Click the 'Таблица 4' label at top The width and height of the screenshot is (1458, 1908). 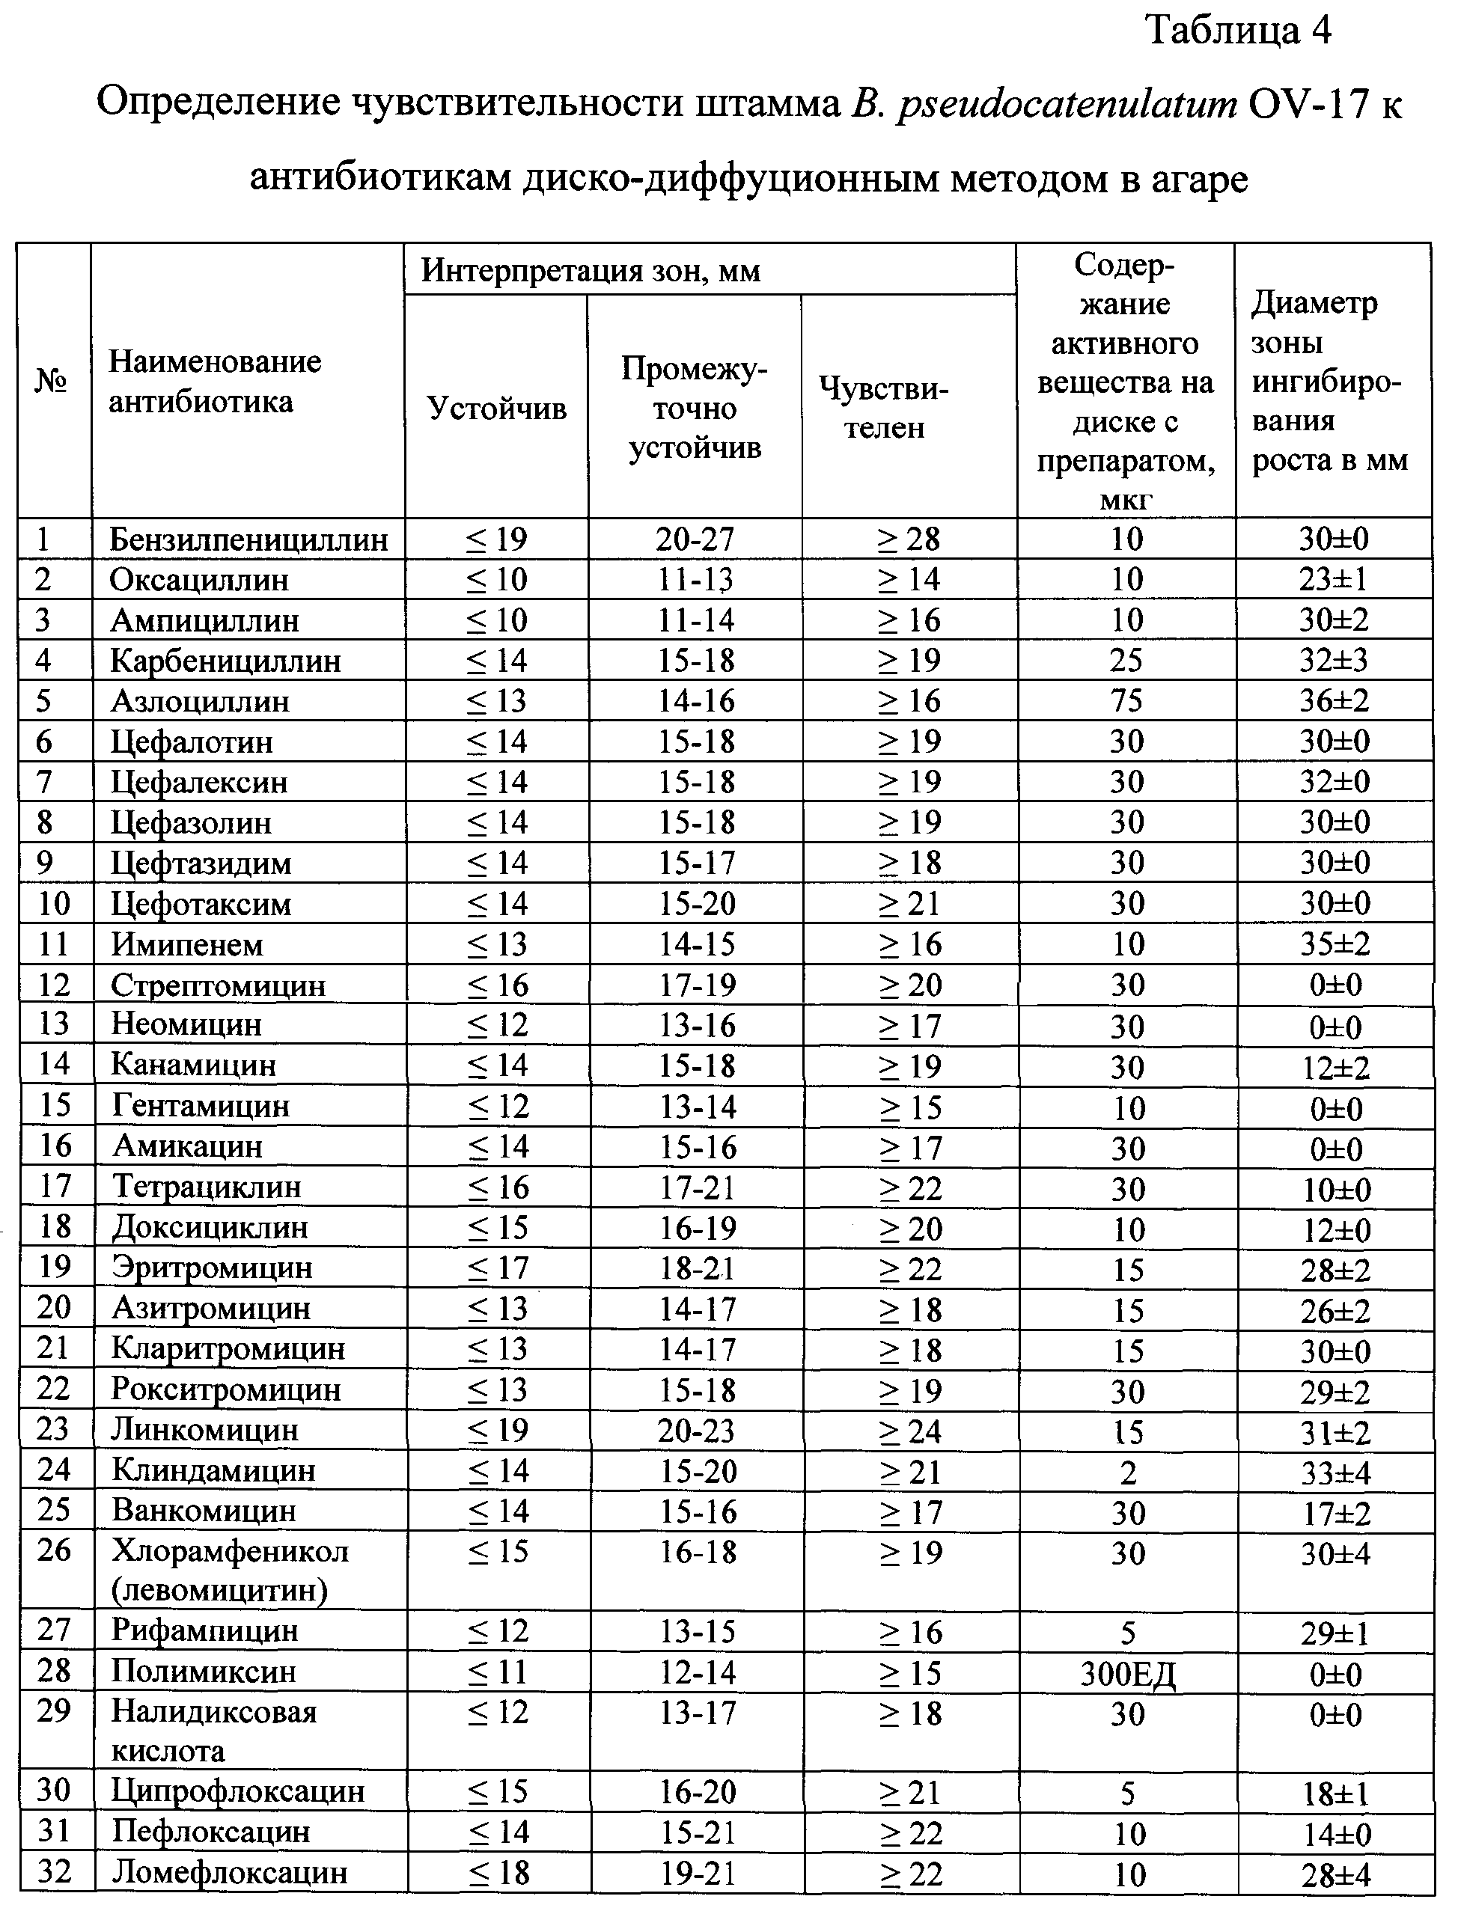pyautogui.click(x=1239, y=31)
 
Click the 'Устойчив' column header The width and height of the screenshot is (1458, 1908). pyautogui.click(x=496, y=408)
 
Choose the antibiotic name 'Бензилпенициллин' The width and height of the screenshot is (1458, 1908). pyautogui.click(x=248, y=539)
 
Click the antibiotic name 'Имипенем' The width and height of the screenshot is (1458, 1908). pyautogui.click(x=186, y=944)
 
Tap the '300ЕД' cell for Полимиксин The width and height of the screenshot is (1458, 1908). pyautogui.click(x=1127, y=1673)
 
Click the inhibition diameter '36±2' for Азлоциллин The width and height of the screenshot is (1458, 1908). pyautogui.click(x=1334, y=701)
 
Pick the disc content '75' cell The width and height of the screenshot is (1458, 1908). pyautogui.click(x=1126, y=701)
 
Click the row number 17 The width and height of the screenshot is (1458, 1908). pyautogui.click(x=54, y=1186)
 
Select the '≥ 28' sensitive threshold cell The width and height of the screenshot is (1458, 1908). pyautogui.click(x=908, y=539)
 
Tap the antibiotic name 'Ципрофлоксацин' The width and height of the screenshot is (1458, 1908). pyautogui.click(x=238, y=1790)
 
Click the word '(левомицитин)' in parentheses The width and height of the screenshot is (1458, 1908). pyautogui.click(x=219, y=1591)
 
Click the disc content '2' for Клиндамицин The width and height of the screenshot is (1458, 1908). pyautogui.click(x=1127, y=1472)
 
